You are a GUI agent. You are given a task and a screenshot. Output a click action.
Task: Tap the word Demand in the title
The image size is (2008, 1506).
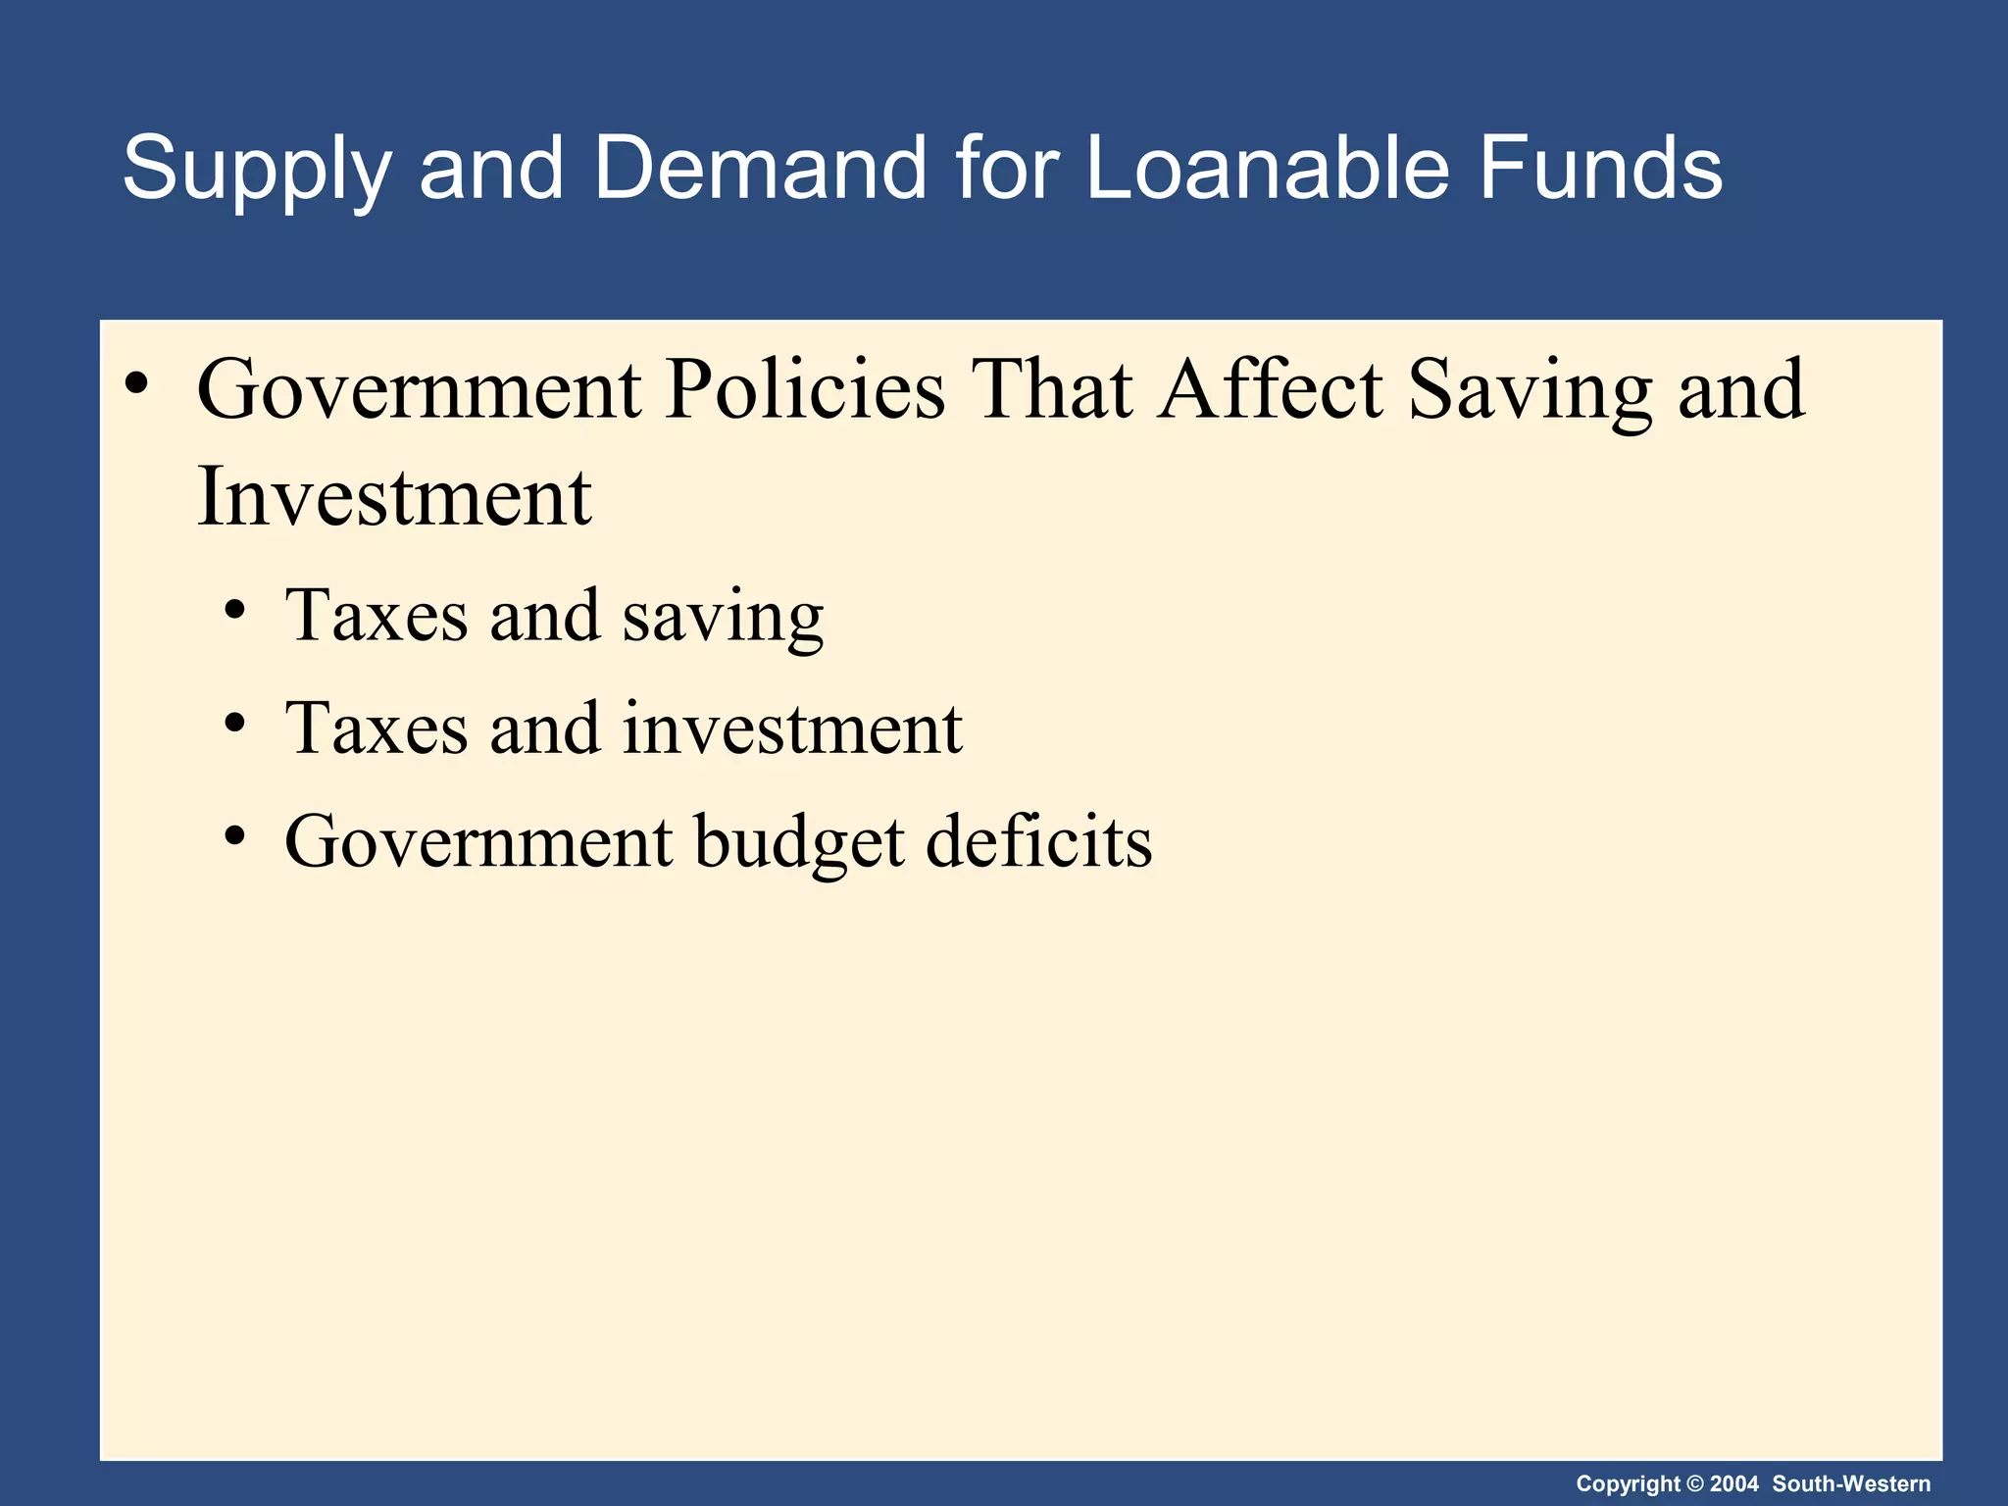tap(760, 168)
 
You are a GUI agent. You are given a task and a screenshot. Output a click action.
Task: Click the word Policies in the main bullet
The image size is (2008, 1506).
tap(805, 390)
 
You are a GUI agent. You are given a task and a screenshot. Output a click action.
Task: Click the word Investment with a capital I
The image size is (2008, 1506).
tap(394, 496)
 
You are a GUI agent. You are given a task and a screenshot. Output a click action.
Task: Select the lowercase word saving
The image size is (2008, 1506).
tap(723, 619)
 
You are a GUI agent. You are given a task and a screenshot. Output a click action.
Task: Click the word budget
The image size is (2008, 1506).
tap(799, 843)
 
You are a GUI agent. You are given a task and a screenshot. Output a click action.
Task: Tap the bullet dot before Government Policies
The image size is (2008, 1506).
tap(137, 384)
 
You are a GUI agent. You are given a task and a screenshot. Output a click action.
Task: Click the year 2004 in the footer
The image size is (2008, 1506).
tap(1734, 1484)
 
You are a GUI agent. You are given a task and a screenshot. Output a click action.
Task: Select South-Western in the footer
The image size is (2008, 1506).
tap(1851, 1484)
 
